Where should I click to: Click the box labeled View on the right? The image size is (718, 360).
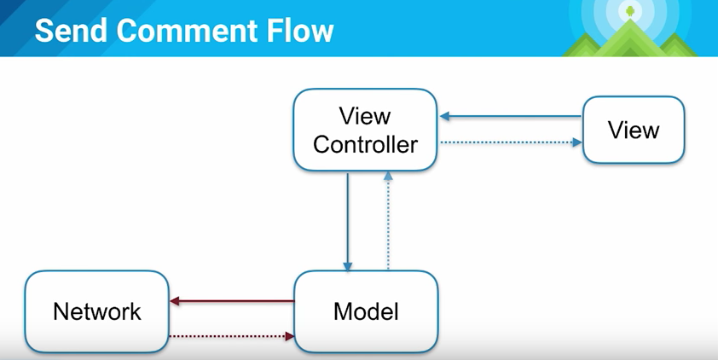[x=633, y=130]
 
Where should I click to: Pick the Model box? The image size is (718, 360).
[x=365, y=311]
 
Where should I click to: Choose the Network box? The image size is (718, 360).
[x=96, y=311]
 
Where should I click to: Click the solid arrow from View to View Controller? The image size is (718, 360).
[x=512, y=117]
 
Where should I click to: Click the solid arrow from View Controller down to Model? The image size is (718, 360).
[x=347, y=222]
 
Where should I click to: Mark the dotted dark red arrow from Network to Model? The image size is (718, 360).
[x=230, y=336]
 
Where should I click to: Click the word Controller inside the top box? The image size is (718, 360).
[x=365, y=144]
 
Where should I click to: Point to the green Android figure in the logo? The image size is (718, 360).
[x=630, y=11]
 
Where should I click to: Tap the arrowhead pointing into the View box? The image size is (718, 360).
[x=577, y=142]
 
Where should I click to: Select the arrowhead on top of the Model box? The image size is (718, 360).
[x=347, y=265]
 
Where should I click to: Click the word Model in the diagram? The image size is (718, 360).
[x=365, y=311]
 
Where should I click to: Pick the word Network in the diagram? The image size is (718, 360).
[x=96, y=311]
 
